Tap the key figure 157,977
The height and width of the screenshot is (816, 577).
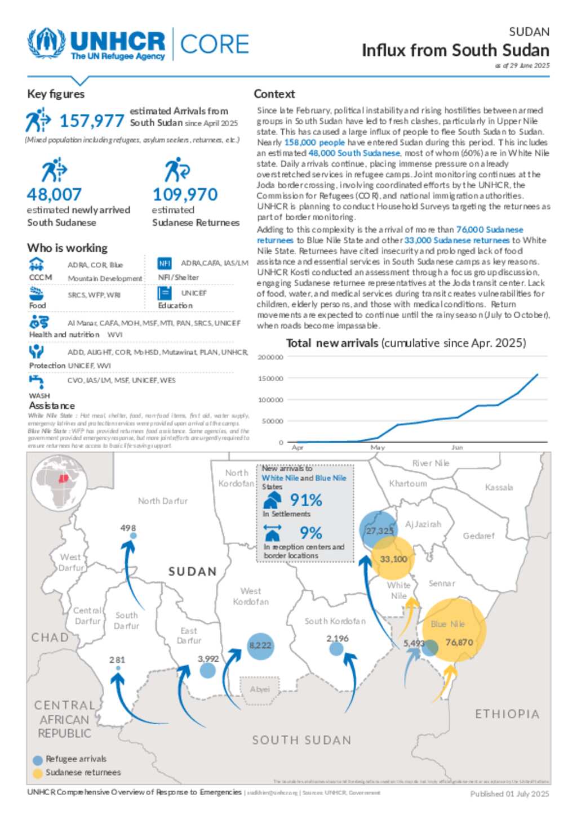[x=91, y=121]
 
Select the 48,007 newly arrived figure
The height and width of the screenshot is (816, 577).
[x=54, y=195]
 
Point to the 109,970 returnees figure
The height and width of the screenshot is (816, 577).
[x=185, y=195]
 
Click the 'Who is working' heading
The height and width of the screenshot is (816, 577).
[x=67, y=248]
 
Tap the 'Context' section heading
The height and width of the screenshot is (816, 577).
[x=274, y=94]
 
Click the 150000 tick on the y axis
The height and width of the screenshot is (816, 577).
[x=270, y=378]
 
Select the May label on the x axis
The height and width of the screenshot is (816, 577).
[x=378, y=447]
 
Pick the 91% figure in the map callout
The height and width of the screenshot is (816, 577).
[x=306, y=500]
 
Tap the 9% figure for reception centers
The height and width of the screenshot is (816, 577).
[x=310, y=533]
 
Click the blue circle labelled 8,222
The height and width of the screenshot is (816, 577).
[x=260, y=645]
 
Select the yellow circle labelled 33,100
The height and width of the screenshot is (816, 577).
[x=393, y=559]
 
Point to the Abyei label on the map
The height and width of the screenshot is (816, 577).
[x=260, y=689]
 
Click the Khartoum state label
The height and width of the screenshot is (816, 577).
[x=408, y=483]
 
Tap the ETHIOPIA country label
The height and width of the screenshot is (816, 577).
[x=507, y=714]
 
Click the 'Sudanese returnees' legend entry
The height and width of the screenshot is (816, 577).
[x=83, y=773]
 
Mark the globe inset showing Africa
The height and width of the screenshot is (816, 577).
[x=59, y=483]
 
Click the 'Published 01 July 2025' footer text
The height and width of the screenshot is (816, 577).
[x=509, y=794]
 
